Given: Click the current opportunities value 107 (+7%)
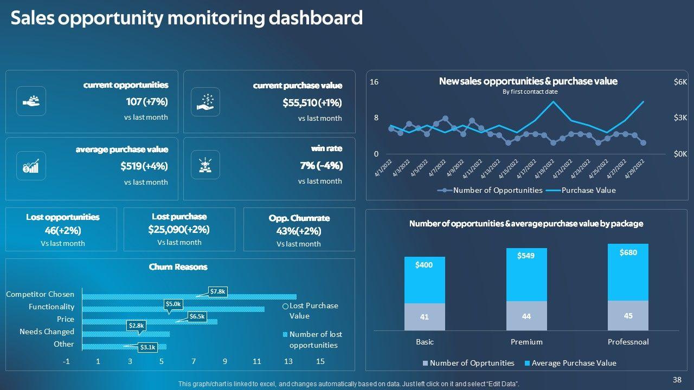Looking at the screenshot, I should coord(147,102).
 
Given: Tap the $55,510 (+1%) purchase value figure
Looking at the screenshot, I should coord(312,103).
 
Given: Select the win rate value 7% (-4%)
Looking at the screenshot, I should coord(321,166).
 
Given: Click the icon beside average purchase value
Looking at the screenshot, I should coord(31,166).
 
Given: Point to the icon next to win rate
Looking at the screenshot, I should coord(205,165).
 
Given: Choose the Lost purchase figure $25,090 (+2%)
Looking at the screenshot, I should coord(179,230).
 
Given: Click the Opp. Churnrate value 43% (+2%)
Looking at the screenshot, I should coord(299,231).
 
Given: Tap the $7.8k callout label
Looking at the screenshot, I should coord(218,291).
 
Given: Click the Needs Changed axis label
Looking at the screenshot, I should coord(47,331).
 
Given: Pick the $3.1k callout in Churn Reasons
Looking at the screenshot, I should coord(147,347).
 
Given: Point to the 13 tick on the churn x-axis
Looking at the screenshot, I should coord(288,361).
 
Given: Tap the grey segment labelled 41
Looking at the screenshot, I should coord(425,317).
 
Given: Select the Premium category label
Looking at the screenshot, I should coord(526,342).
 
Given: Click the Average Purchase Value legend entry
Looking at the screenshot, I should coord(574,363).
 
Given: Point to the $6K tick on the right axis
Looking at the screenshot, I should coord(680,82).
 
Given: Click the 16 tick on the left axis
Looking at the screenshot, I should coord(374,82).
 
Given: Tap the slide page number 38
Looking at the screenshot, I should coord(677,380).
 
